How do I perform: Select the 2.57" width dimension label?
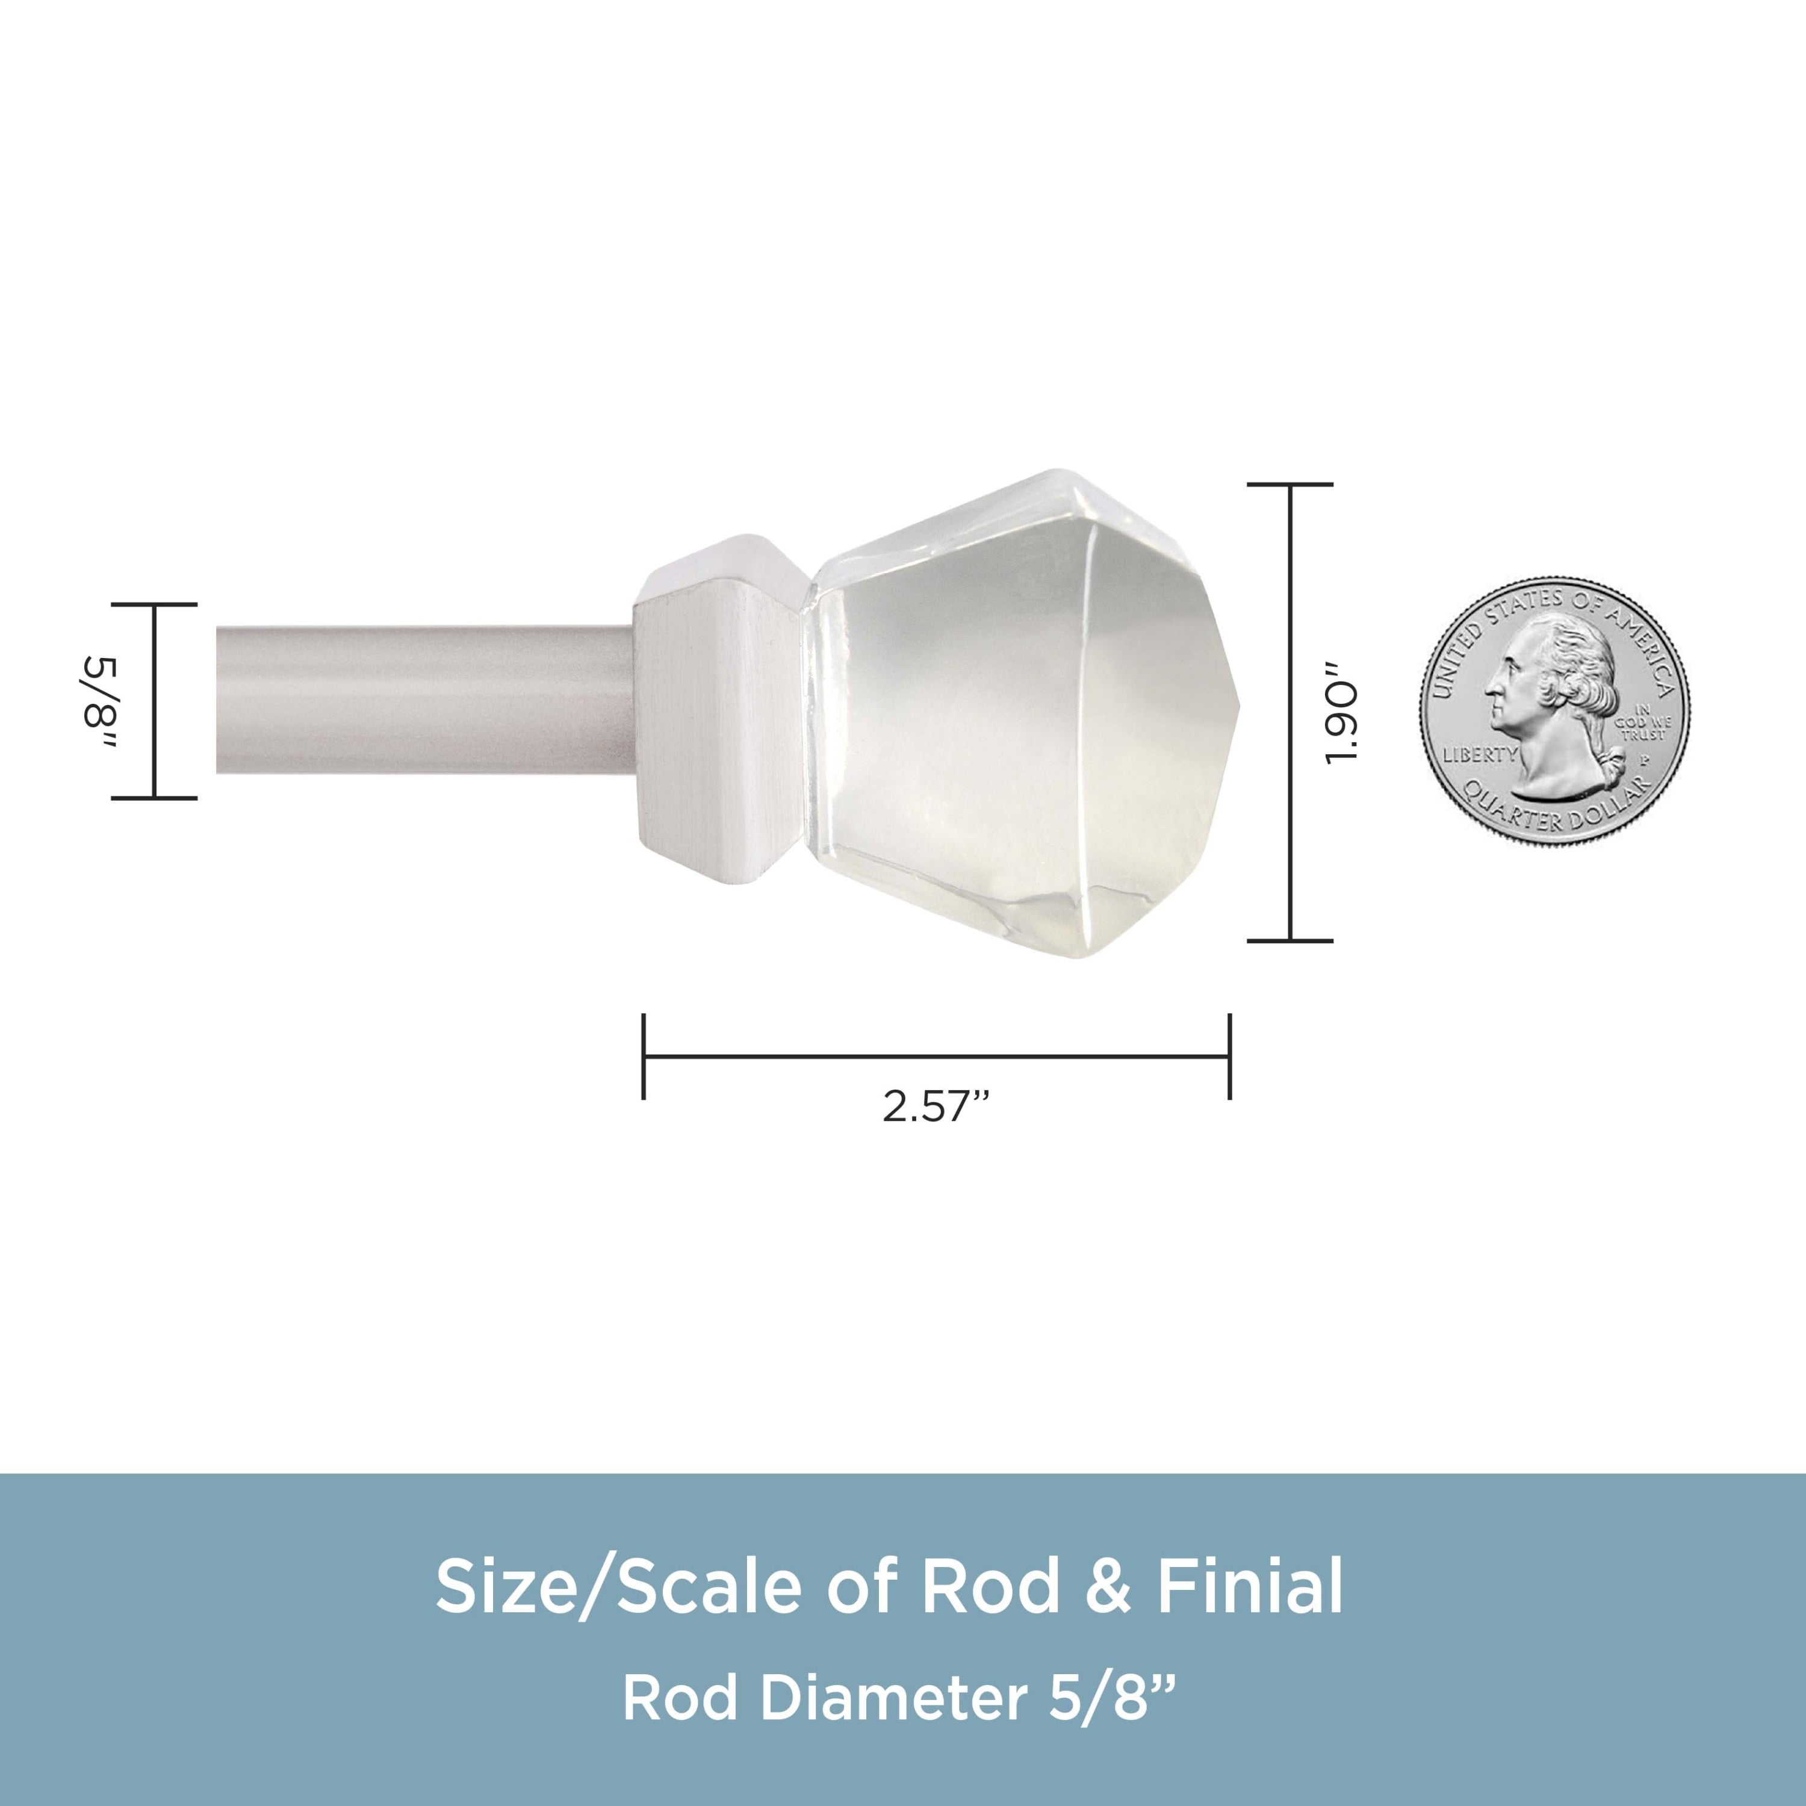[x=936, y=1107]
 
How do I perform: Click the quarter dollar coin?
[x=1554, y=712]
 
